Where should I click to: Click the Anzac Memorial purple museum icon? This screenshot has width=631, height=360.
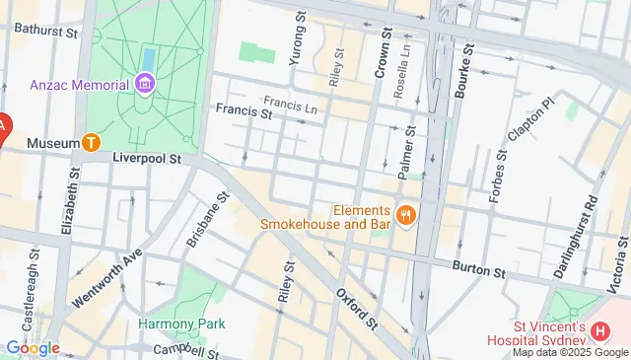coord(145,83)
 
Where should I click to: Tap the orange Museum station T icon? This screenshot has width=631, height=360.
coord(92,143)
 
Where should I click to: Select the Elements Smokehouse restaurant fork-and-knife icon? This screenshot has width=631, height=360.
coord(404,215)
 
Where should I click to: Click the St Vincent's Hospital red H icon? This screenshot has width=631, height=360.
coord(601,331)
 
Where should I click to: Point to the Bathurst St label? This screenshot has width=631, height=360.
coord(46,32)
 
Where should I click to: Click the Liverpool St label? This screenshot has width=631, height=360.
coord(148,157)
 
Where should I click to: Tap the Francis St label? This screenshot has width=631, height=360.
coord(245,113)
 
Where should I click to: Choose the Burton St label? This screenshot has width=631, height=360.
coord(478,267)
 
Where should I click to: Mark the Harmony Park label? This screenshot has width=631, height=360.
coord(181,324)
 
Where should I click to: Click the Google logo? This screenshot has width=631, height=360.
coord(32,347)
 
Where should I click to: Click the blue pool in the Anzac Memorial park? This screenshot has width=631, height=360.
coord(149,58)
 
